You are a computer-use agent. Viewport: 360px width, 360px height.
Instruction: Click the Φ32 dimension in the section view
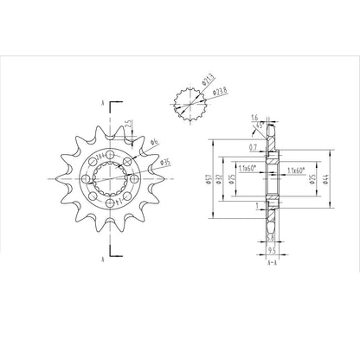point(221,179)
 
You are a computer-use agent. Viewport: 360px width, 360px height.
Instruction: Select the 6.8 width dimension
point(270,237)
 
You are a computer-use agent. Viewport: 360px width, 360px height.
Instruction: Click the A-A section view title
point(272,259)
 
